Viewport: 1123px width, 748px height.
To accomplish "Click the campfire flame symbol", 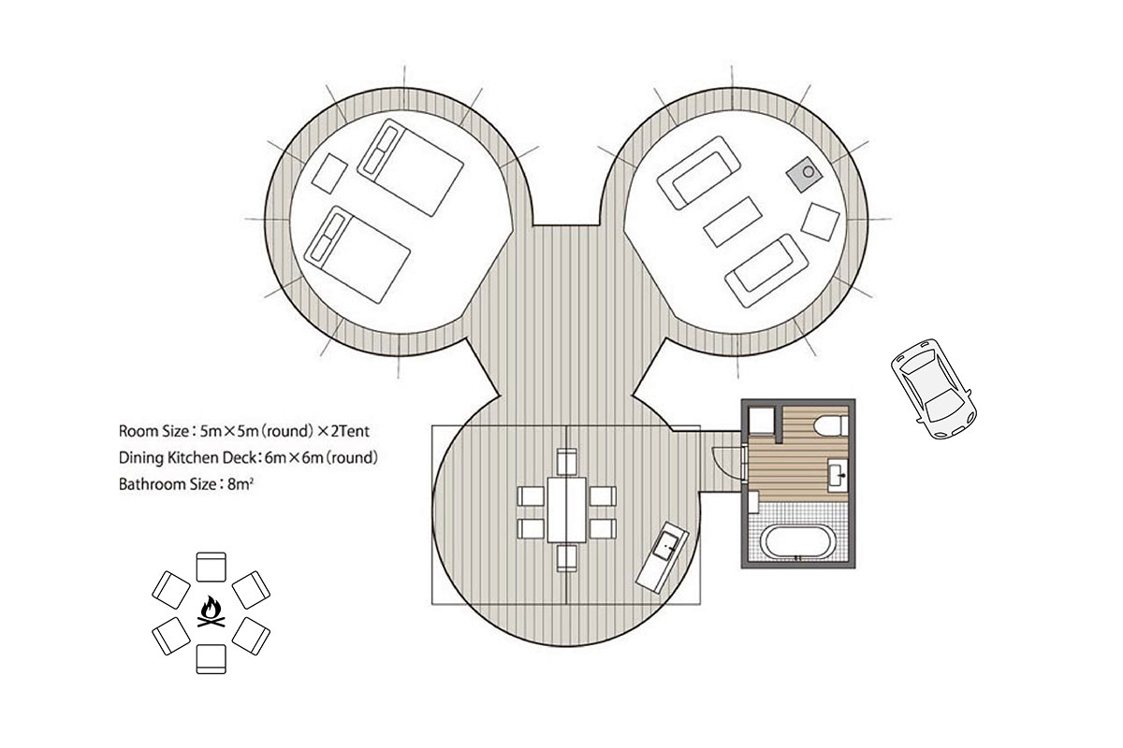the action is point(211,611).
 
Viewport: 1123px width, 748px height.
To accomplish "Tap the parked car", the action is point(934,389).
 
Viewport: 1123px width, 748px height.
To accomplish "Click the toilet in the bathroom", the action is point(831,426).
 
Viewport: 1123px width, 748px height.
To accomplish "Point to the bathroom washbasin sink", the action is point(838,472).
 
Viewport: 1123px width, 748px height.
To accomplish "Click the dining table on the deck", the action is point(566,510).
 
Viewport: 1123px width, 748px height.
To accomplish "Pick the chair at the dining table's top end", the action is point(566,462).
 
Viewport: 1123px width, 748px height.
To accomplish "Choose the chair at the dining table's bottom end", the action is point(566,558).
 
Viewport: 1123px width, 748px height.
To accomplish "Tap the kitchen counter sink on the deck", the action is point(663,557).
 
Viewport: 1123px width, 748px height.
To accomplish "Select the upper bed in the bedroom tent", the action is point(410,167).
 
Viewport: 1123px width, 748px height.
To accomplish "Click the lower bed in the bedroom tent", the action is point(357,254).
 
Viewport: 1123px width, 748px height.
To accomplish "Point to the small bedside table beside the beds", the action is point(329,173).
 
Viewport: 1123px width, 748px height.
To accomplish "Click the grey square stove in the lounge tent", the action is point(804,174).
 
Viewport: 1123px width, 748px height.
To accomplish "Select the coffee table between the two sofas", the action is point(733,222).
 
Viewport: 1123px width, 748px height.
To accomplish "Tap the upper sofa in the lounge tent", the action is point(698,172).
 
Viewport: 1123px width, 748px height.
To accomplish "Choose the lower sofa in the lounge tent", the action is point(766,270).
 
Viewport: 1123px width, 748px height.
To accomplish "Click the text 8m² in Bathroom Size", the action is point(241,484).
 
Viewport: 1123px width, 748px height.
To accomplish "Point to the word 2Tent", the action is point(350,431).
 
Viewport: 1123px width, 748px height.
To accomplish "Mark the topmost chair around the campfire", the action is point(211,567).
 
